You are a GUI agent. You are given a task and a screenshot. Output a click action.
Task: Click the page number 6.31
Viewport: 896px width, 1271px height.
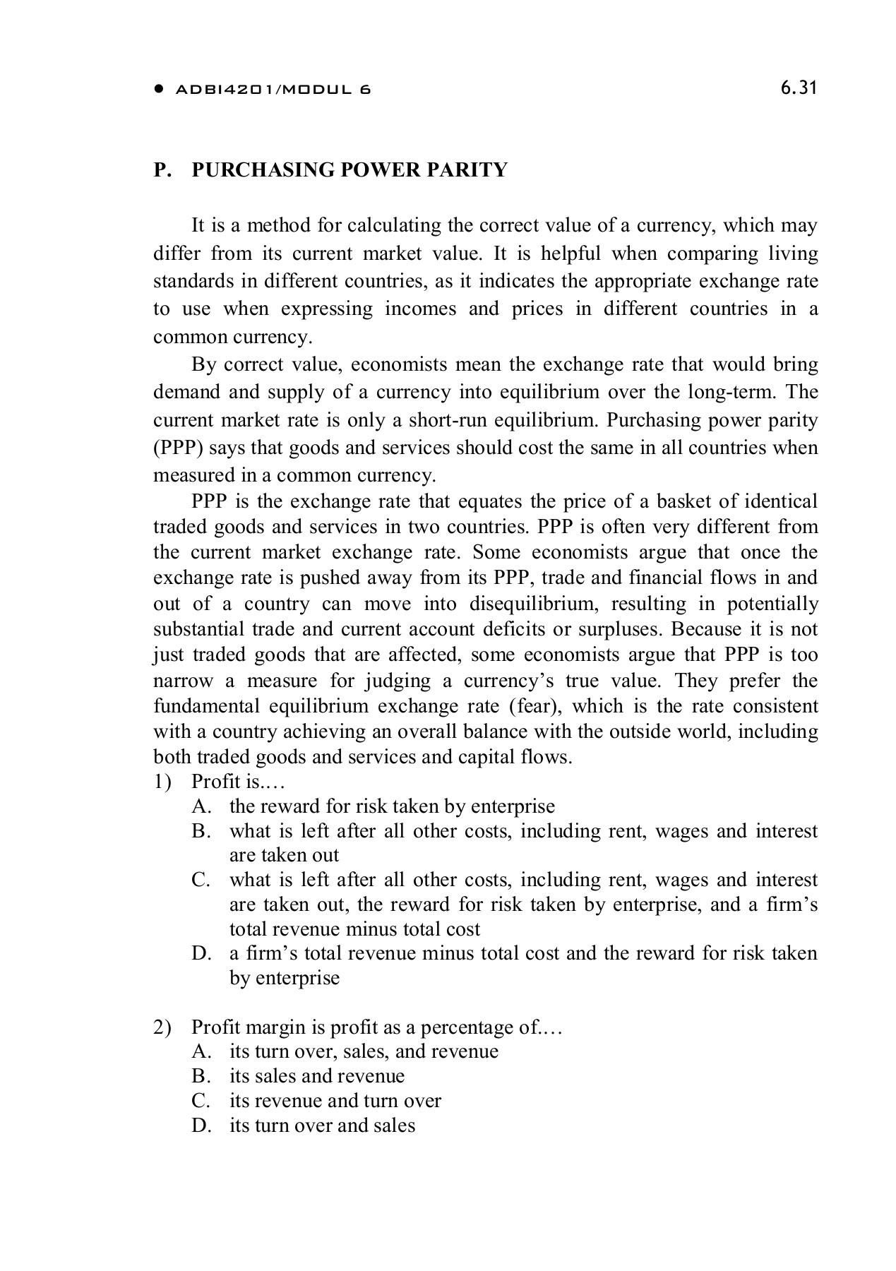(x=799, y=88)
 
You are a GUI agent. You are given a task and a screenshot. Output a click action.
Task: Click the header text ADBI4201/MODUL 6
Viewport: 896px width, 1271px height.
(x=272, y=90)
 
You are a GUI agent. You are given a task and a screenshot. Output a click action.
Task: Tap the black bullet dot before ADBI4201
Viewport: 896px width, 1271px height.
(x=160, y=90)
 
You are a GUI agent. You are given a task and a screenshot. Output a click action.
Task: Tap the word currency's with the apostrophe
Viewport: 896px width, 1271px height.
(x=506, y=681)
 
